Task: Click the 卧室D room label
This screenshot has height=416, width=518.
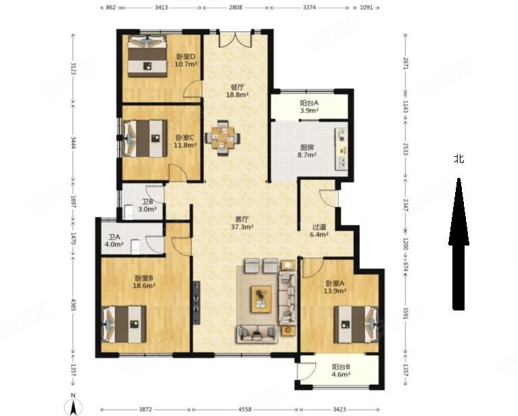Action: click(x=186, y=57)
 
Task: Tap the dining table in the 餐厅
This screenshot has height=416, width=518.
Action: click(x=222, y=138)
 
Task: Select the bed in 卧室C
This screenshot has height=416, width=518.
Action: click(x=145, y=139)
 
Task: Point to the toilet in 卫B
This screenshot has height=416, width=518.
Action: click(x=128, y=212)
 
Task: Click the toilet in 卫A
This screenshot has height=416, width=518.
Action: click(x=135, y=247)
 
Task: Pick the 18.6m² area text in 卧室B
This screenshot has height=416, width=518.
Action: click(x=144, y=286)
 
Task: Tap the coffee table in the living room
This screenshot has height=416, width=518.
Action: click(x=261, y=300)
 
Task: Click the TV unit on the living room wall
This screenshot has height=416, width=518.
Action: click(x=197, y=302)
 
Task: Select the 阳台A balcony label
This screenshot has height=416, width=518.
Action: click(x=309, y=103)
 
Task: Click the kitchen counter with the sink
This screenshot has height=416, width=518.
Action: click(x=342, y=149)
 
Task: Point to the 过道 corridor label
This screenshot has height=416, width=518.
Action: click(x=319, y=227)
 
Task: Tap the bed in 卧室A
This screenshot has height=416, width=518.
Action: click(x=356, y=325)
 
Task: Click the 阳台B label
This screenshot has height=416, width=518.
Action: click(x=341, y=367)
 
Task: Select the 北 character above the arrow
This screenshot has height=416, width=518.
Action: click(x=458, y=159)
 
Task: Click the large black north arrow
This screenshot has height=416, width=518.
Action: click(x=458, y=244)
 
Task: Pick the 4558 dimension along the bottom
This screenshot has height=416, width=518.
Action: click(x=245, y=409)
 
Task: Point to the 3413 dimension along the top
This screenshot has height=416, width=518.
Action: click(x=161, y=7)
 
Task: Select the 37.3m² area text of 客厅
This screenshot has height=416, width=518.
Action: click(x=242, y=227)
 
